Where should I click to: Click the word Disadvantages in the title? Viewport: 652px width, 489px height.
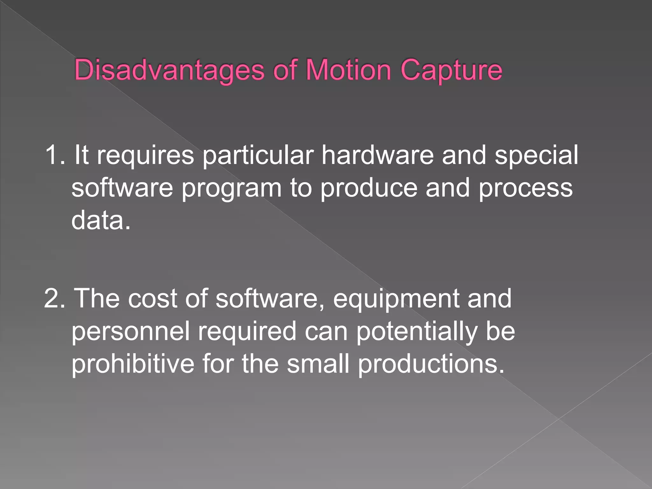(169, 70)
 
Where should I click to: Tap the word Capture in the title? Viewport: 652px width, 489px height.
(451, 70)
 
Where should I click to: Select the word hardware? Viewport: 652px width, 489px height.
(377, 155)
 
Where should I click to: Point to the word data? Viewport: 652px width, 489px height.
(101, 220)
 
